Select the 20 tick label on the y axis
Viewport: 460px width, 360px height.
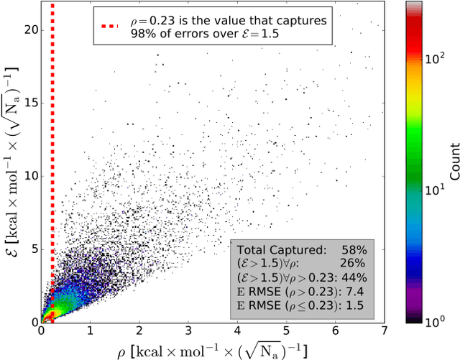tap(28, 30)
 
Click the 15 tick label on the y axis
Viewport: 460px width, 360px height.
tap(28, 103)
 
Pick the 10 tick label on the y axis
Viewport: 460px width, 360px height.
tap(28, 176)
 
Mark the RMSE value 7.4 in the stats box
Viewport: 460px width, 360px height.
tap(359, 291)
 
